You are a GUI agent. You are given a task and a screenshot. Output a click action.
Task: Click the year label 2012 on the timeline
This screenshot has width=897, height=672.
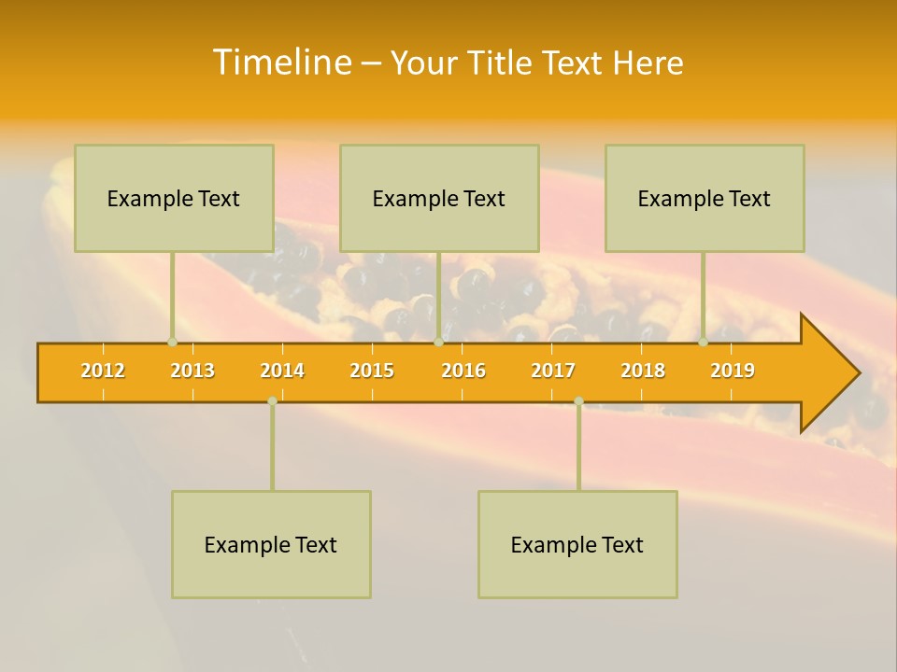[x=103, y=371]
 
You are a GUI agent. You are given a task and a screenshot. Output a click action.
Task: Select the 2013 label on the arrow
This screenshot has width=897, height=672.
[x=192, y=371]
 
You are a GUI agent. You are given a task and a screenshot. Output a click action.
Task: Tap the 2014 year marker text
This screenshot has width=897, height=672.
[x=282, y=371]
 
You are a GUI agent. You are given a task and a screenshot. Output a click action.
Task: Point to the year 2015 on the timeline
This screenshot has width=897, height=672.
[x=372, y=371]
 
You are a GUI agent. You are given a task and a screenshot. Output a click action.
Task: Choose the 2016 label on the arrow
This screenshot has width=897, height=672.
[x=463, y=371]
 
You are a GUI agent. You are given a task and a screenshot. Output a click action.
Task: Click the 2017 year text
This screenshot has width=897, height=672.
[x=553, y=371]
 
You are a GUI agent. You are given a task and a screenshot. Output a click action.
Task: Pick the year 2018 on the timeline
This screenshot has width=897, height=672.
[x=643, y=371]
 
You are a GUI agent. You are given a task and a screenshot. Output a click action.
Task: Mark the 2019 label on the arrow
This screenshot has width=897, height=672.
[x=733, y=371]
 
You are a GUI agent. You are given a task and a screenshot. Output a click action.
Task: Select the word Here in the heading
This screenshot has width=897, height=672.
[x=648, y=63]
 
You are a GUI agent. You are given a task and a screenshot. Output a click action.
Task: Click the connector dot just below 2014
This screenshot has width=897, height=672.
[x=272, y=400]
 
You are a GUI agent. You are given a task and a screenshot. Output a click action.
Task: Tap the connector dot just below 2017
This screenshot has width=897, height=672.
[x=578, y=400]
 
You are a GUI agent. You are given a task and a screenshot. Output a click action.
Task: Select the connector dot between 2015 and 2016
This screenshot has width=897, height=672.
[x=438, y=342]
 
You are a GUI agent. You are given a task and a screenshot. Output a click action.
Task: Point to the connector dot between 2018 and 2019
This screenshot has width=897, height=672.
[x=704, y=342]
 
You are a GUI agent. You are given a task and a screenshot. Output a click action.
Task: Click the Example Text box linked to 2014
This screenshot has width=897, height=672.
[x=271, y=544]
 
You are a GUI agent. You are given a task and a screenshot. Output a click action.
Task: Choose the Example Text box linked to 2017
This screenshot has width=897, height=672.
[x=577, y=544]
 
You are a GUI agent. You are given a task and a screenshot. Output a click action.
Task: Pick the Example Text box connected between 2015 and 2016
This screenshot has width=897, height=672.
[x=439, y=198]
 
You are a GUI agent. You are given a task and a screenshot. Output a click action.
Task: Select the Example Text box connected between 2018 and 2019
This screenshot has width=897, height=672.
[x=705, y=198]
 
